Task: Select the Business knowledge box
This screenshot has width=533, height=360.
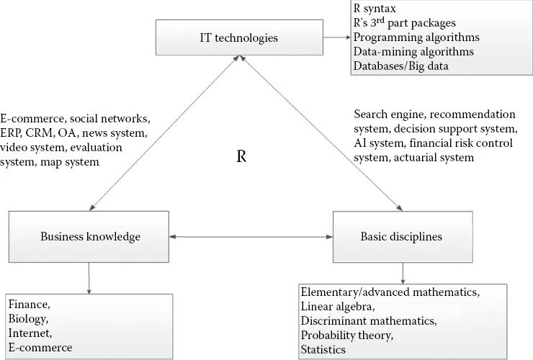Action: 89,236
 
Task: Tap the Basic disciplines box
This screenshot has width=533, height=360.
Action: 400,236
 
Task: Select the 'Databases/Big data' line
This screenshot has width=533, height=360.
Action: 398,66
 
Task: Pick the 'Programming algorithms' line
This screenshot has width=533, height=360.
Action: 406,37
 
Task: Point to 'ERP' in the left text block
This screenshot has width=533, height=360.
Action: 12,134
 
